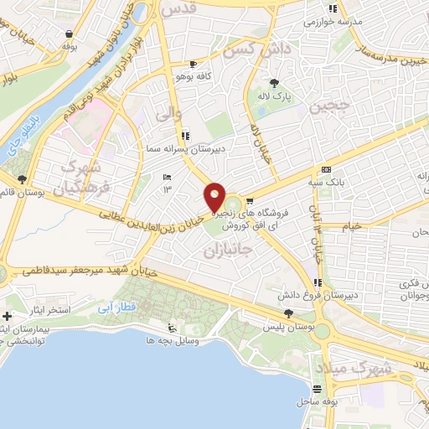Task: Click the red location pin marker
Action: pos(215,198)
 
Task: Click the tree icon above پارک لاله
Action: pos(275,82)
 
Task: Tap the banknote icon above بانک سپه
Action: pos(326,169)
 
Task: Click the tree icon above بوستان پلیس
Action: pos(289,314)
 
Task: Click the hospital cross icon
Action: pos(8,317)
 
